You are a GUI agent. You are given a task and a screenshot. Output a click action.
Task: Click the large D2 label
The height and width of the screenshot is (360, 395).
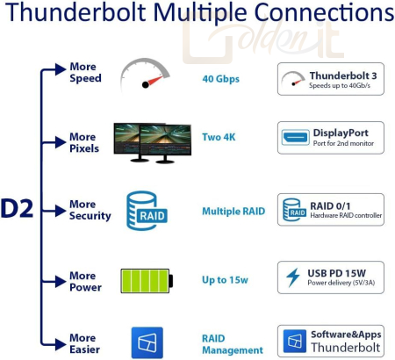17,208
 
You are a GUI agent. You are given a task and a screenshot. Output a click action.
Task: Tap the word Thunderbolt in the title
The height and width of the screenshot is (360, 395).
75,12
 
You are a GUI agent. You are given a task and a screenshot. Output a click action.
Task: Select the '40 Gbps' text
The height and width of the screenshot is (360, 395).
220,79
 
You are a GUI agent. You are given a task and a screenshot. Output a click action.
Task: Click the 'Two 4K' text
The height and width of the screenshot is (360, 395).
219,137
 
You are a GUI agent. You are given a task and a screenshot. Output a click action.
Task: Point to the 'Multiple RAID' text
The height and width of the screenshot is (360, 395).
233,211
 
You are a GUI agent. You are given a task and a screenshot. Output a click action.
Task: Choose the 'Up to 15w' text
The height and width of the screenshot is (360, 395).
225,280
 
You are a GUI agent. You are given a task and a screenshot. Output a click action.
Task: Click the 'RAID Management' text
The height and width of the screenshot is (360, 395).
233,344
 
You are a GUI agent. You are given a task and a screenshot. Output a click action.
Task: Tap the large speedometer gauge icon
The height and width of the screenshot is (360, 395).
145,75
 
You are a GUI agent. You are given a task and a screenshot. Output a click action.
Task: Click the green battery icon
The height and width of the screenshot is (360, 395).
147,281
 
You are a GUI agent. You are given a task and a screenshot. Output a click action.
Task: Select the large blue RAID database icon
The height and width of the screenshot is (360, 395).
147,211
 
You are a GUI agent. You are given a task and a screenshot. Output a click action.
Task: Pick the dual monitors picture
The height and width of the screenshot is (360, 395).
153,142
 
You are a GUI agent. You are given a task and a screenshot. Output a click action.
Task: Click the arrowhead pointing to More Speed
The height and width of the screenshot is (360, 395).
61,69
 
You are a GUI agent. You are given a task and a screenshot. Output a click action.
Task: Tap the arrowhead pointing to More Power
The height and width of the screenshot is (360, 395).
61,282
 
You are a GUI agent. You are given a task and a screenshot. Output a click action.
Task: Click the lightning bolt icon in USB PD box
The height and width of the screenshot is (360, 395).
293,277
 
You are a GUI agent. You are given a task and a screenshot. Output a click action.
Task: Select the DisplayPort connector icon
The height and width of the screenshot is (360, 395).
296,138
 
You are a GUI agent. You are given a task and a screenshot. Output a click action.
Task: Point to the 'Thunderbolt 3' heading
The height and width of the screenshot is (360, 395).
343,76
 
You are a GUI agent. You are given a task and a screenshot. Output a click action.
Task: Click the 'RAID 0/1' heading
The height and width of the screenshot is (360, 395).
330,206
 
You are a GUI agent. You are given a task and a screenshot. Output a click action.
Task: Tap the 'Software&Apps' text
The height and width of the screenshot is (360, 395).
346,335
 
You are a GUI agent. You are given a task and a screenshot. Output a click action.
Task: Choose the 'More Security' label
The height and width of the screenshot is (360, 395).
90,210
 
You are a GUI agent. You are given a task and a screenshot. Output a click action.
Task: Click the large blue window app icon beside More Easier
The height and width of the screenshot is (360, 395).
147,342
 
